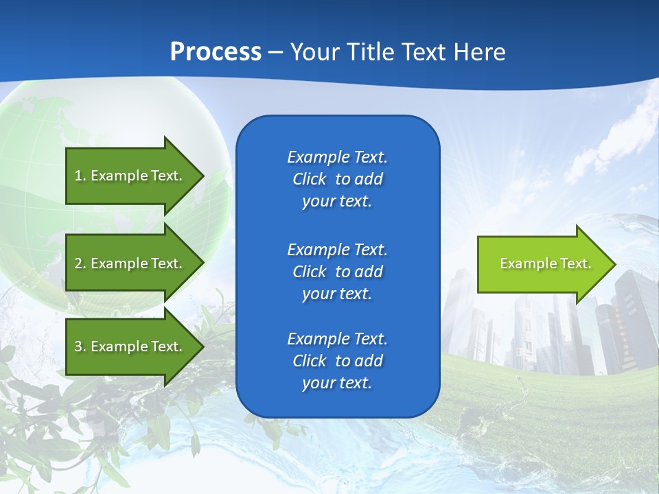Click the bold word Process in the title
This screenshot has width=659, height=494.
pos(216,52)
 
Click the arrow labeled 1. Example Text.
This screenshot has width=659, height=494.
pos(130,176)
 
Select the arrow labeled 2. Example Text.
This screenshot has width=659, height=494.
pos(130,263)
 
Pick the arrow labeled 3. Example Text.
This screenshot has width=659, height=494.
pos(130,346)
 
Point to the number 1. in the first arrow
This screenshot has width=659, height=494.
pos(80,176)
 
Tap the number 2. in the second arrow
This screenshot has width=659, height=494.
pos(80,263)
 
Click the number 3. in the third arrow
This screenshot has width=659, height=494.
pos(80,346)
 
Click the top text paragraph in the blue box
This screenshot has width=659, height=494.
pos(337,179)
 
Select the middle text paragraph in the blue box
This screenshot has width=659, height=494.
pos(337,271)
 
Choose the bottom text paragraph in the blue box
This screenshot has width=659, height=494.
pos(337,361)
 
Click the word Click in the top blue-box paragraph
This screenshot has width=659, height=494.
pos(309,179)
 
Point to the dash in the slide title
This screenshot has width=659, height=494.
pos(276,52)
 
